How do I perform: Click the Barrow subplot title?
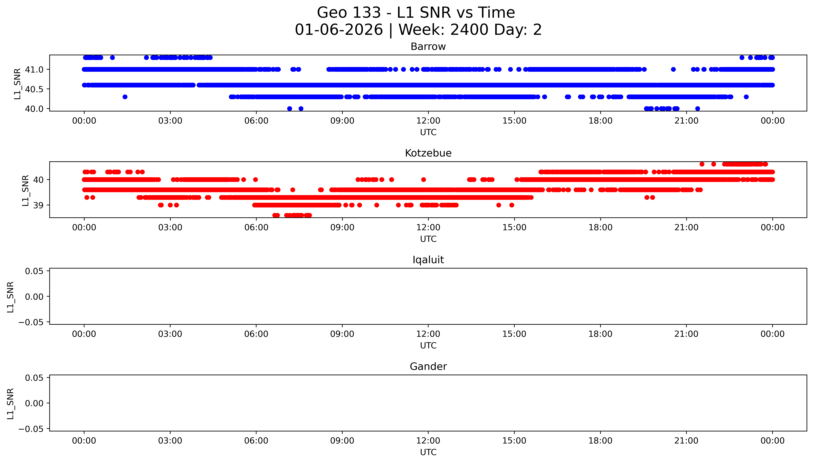tap(428, 47)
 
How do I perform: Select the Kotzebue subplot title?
tap(428, 153)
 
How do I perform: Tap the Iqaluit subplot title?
tap(428, 260)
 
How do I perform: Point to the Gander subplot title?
tap(428, 367)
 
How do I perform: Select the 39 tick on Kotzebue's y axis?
tap(38, 205)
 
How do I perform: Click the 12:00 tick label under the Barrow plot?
tap(428, 121)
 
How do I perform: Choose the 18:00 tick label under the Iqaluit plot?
tap(600, 334)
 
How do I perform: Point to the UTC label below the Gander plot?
tap(428, 452)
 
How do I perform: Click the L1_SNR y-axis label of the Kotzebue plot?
tap(25, 190)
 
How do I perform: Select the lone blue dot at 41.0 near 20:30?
tap(673, 69)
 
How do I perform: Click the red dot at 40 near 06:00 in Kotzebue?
tap(255, 180)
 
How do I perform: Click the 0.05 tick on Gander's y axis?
tap(34, 378)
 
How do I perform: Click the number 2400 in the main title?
tap(469, 30)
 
